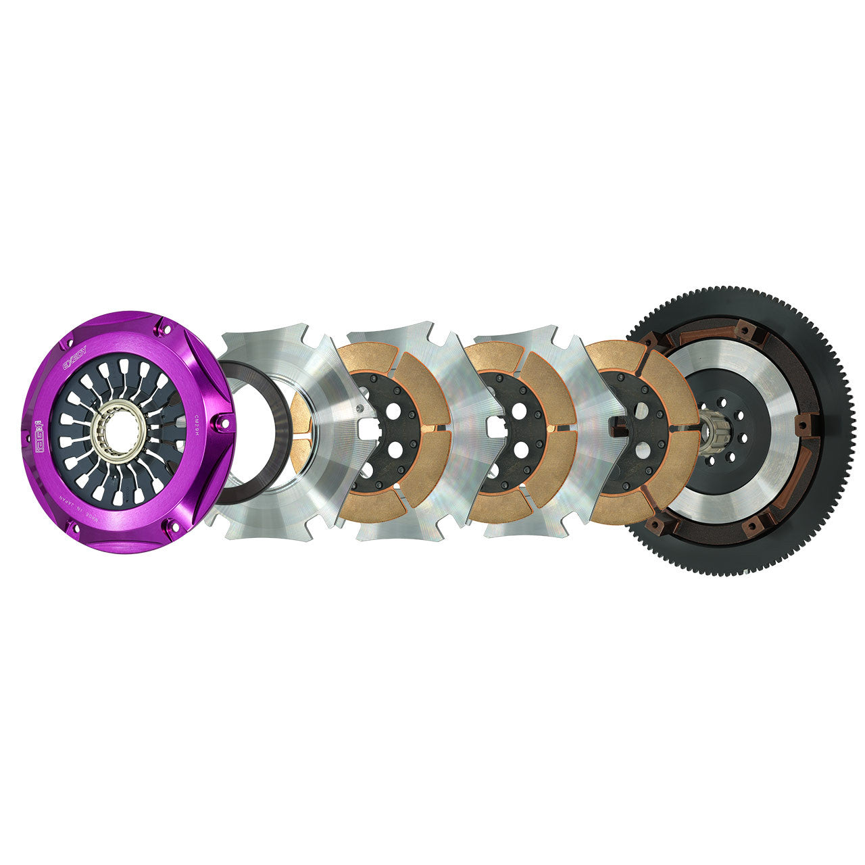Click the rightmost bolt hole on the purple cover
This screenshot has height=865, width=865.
click(217, 424)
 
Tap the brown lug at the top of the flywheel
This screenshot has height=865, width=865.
click(745, 331)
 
